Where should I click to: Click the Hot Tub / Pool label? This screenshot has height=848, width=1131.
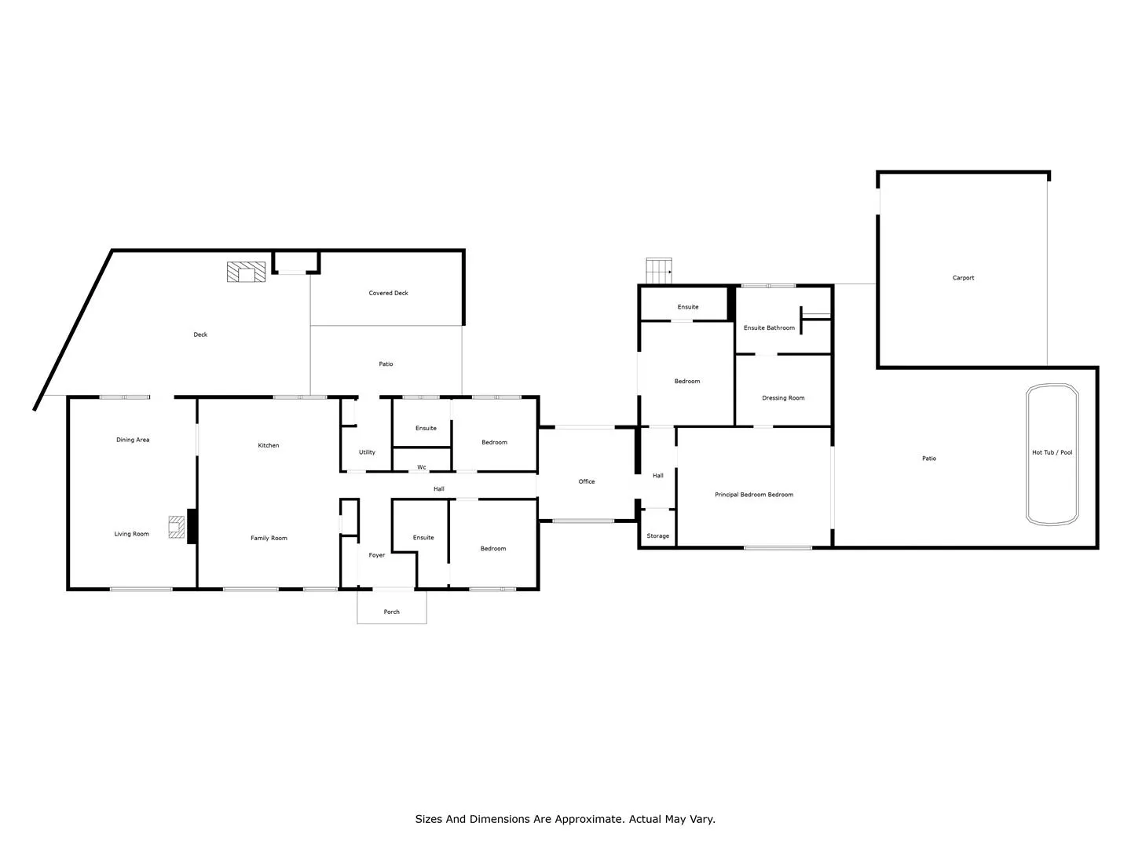(x=1052, y=452)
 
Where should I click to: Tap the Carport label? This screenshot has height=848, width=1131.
(x=963, y=278)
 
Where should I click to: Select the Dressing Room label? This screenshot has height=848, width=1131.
(x=783, y=398)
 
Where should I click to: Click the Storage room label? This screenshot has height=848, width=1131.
(x=657, y=536)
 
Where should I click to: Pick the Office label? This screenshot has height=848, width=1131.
(x=587, y=481)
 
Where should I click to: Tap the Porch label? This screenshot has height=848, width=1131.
(x=391, y=612)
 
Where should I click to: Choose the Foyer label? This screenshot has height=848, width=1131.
(x=377, y=555)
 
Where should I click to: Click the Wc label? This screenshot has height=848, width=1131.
(x=422, y=467)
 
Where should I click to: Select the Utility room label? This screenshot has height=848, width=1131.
(x=367, y=452)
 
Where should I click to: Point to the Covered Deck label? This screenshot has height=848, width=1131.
(x=388, y=293)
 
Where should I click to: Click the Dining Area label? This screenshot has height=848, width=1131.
(x=133, y=440)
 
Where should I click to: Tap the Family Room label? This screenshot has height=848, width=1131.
(x=269, y=538)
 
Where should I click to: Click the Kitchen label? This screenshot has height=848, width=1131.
(x=269, y=445)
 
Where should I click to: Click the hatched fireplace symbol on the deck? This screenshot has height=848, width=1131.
(x=247, y=272)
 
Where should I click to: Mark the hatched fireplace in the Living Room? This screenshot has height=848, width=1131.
(x=176, y=527)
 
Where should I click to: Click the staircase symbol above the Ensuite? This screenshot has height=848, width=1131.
(x=659, y=271)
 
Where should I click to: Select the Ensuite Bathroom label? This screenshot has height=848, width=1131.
(x=769, y=328)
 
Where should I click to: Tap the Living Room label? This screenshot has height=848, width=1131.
(x=131, y=534)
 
